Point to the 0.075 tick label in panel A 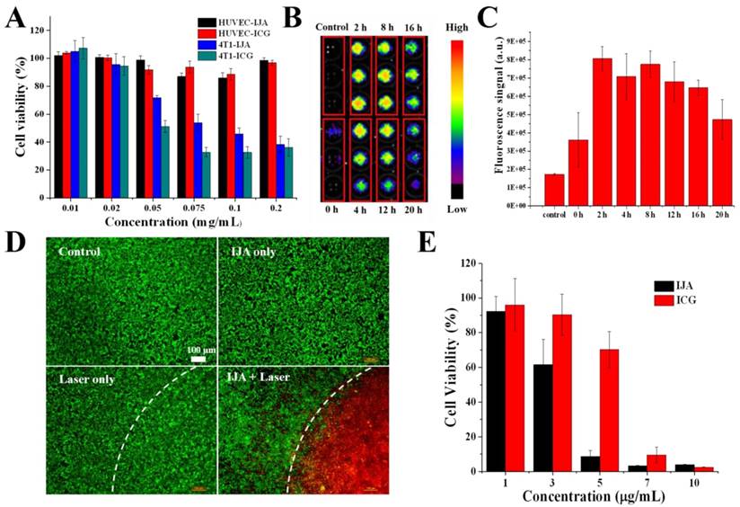187,207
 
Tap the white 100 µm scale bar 198,359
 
